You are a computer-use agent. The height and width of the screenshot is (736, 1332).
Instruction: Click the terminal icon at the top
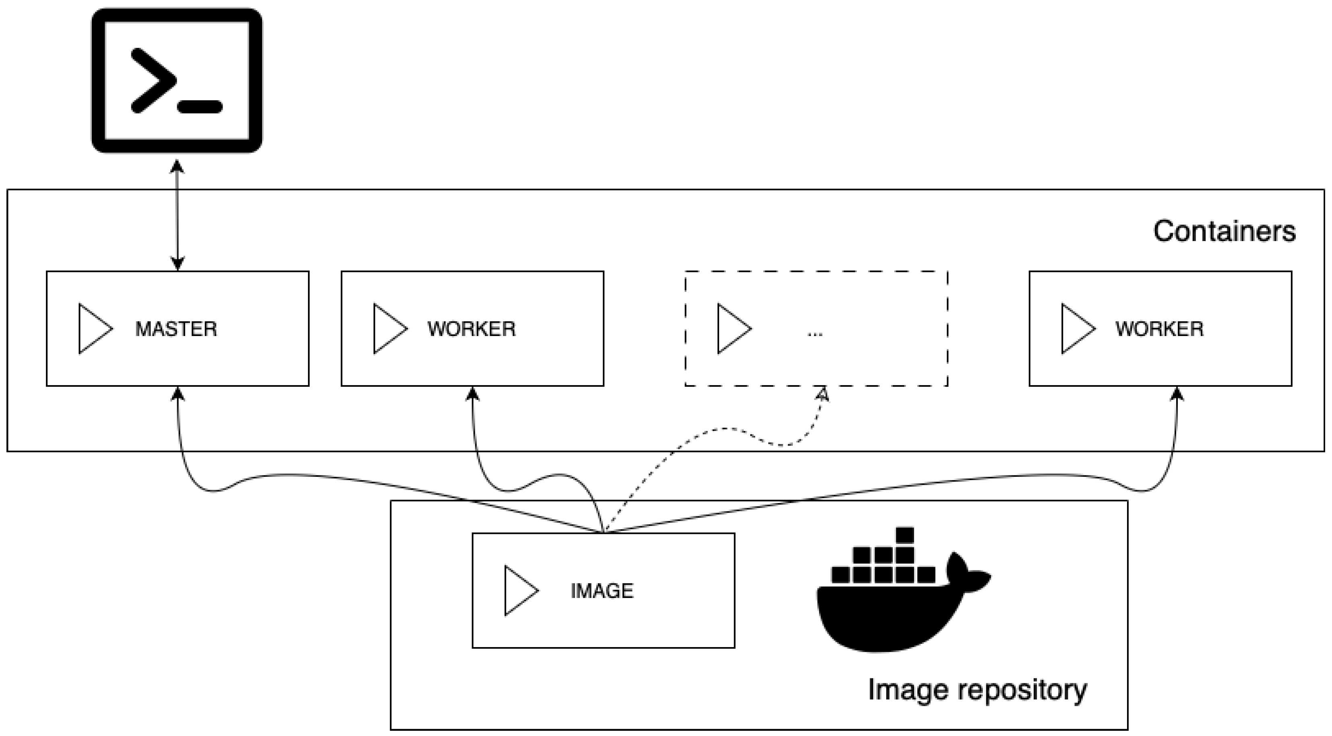177,80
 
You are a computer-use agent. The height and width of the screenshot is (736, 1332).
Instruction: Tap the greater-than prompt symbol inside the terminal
153,80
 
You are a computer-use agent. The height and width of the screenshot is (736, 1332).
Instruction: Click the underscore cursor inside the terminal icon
200,107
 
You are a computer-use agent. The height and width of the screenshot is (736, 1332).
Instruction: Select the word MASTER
176,329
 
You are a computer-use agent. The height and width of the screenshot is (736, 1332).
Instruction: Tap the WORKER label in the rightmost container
1159,329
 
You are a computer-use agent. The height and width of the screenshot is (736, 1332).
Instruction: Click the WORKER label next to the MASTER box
472,329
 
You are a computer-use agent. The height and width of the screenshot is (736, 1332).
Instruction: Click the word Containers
1224,231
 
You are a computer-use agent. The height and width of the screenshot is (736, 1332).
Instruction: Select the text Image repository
977,691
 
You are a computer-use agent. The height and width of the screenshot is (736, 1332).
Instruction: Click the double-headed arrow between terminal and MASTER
177,214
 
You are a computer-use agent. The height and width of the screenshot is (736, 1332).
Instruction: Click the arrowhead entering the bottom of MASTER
178,394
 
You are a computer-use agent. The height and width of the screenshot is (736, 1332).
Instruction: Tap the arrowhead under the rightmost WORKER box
1177,394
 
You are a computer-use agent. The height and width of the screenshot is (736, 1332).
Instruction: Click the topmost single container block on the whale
905,535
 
